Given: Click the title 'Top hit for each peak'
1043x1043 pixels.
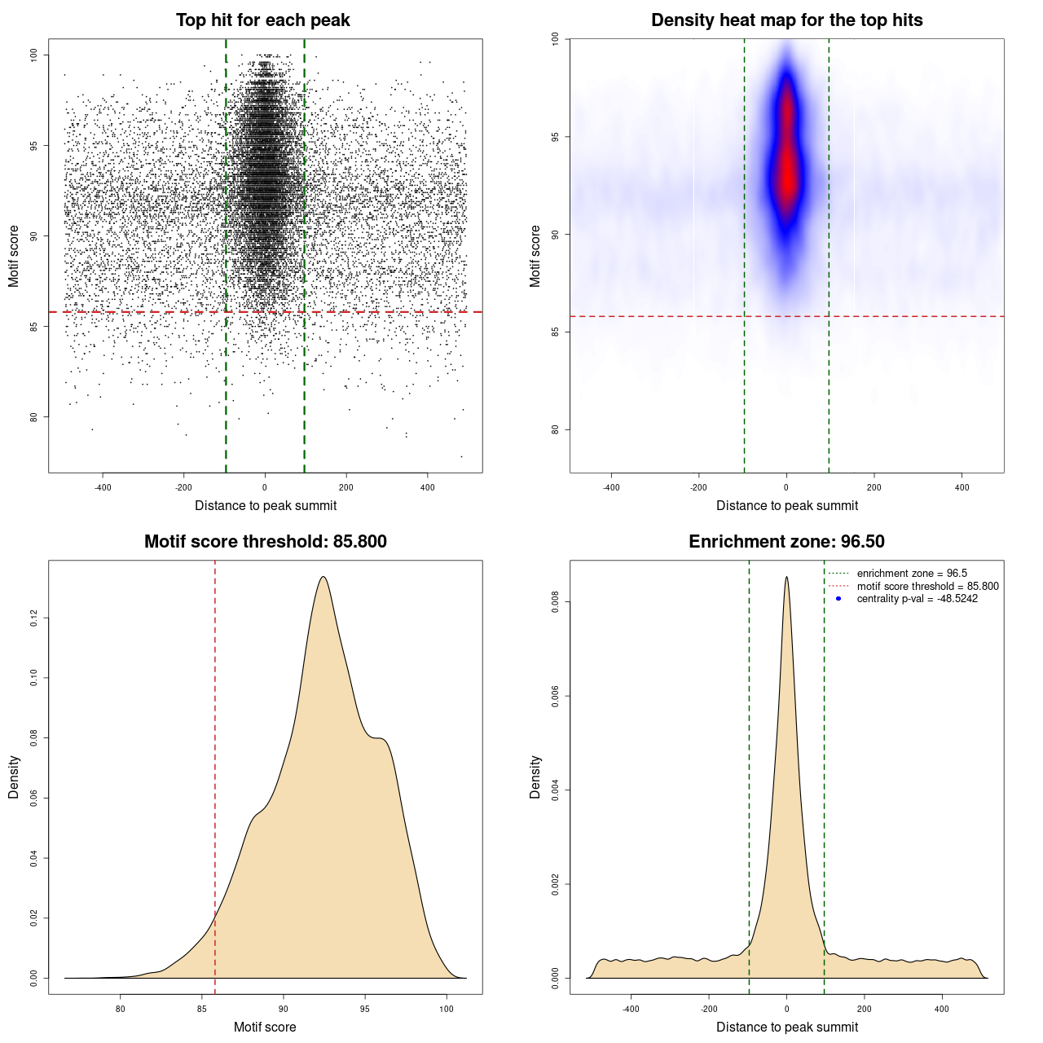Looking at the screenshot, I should (x=262, y=20).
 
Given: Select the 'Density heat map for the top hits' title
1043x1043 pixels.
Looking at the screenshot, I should (x=786, y=20).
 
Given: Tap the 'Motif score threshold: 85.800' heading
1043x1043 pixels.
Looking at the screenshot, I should (x=265, y=542).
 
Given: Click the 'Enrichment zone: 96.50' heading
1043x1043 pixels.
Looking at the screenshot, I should (x=786, y=542).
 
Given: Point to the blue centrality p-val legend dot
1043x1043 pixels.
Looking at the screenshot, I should (x=838, y=599).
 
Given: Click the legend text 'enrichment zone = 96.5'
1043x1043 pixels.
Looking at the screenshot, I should (x=912, y=574).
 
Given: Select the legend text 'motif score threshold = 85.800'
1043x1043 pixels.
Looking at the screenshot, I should (x=927, y=586).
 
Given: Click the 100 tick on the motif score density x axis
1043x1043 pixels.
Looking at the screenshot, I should (x=446, y=1009).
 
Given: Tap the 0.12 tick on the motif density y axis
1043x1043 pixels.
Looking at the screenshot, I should (x=33, y=618).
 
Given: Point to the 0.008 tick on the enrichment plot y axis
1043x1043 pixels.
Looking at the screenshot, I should (x=555, y=602).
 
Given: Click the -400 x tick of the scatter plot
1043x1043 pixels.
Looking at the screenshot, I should (x=103, y=487).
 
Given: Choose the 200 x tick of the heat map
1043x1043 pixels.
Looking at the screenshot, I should (x=874, y=487).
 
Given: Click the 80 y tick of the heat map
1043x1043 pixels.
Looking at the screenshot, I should (x=555, y=429).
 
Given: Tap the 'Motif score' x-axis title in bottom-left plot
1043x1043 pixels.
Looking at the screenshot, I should (x=265, y=1027).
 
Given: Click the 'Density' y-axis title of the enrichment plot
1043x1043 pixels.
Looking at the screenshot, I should (x=535, y=777).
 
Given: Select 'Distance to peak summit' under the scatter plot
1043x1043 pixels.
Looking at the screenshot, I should (x=266, y=505).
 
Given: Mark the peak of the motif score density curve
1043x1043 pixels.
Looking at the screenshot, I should (x=323, y=578).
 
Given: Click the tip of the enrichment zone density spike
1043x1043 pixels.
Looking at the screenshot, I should (x=786, y=578).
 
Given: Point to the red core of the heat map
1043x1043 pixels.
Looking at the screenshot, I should (x=787, y=163).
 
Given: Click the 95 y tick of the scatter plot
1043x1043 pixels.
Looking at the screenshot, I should (x=33, y=146).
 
